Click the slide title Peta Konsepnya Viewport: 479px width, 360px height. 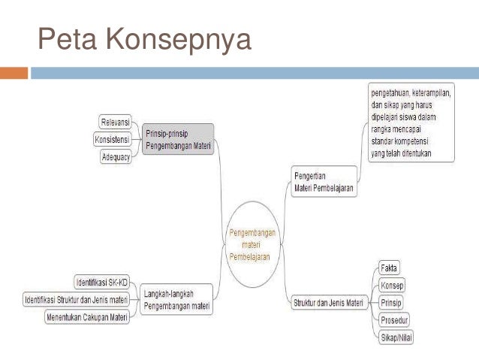[144, 38]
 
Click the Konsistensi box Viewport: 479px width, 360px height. [112, 140]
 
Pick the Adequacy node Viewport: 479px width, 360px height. [116, 157]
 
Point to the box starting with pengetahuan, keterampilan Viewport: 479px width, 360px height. [403, 123]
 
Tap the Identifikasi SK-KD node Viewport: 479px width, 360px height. [102, 283]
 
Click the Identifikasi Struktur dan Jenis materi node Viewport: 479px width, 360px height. [75, 300]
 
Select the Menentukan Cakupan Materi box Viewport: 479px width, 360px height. [87, 317]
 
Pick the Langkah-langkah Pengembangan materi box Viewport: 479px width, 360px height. [176, 300]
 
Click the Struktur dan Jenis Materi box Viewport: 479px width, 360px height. [327, 304]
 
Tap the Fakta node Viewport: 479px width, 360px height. [389, 268]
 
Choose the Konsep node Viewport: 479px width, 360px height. [392, 286]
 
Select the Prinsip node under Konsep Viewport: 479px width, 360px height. [391, 304]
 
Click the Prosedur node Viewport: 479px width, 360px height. [395, 321]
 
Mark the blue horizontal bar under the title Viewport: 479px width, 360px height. [253, 73]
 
